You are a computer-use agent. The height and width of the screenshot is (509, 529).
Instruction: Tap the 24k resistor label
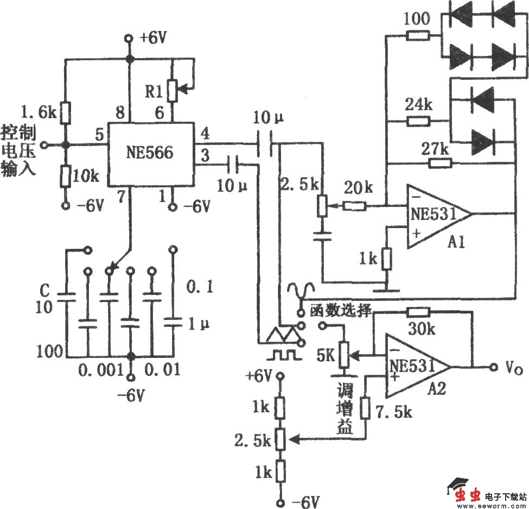pyautogui.click(x=417, y=105)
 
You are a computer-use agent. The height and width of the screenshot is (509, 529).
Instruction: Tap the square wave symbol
pyautogui.click(x=281, y=355)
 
